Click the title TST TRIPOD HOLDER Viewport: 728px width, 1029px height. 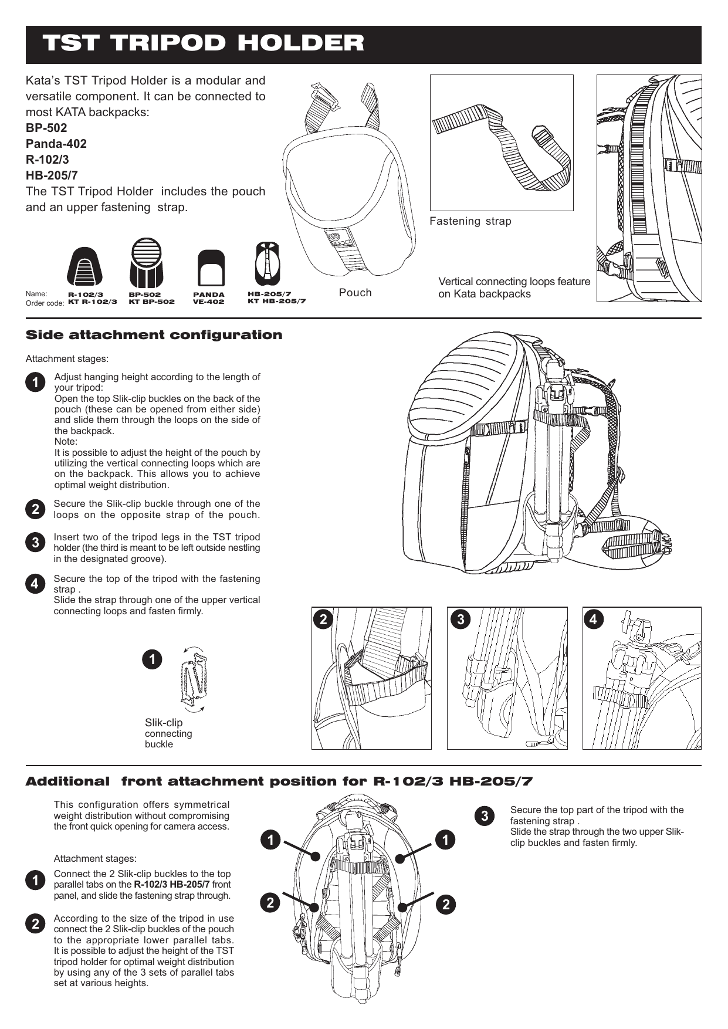(203, 43)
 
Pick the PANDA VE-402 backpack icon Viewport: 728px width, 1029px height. (211, 268)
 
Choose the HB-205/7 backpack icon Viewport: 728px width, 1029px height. (268, 264)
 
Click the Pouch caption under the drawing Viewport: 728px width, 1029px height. (355, 293)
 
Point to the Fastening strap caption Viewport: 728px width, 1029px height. (470, 221)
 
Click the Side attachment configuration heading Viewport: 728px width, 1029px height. (154, 335)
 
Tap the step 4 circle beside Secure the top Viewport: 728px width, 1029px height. (35, 584)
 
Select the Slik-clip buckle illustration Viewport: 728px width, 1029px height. (195, 679)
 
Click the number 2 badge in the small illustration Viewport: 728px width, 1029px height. (323, 620)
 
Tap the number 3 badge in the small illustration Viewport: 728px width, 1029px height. (461, 620)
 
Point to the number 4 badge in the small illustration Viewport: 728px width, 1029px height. (594, 620)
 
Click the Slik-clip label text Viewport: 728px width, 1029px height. (164, 723)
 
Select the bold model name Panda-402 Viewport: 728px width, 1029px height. (56, 144)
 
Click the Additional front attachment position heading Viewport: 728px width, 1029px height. (279, 781)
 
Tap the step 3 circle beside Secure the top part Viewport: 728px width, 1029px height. (485, 816)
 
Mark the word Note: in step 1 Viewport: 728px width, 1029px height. (66, 441)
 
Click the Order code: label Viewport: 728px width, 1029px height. (45, 303)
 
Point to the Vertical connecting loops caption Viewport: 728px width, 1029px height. (514, 287)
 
